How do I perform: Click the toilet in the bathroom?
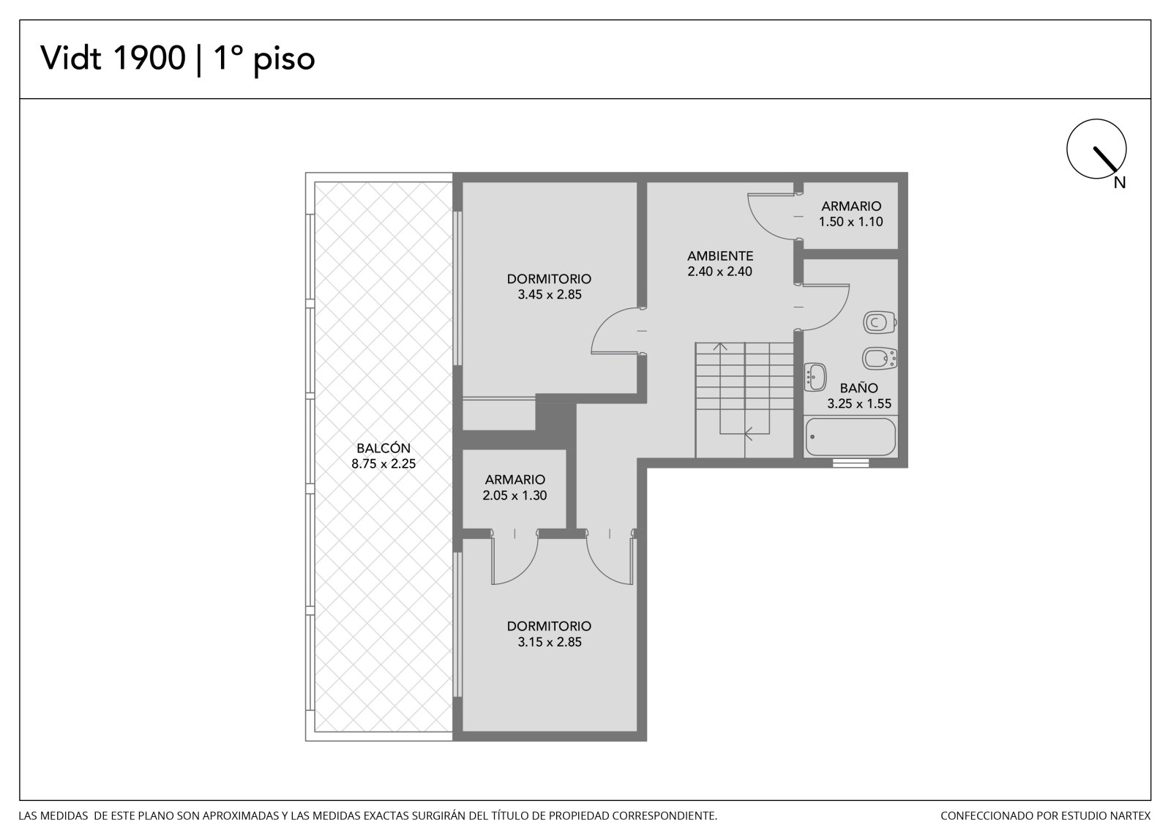point(880,322)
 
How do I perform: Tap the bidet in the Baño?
point(880,358)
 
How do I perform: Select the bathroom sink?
point(815,376)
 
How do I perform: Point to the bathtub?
point(850,437)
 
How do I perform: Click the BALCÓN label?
point(384,448)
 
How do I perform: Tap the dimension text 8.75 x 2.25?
point(384,463)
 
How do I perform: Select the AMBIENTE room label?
point(720,256)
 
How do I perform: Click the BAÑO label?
point(859,387)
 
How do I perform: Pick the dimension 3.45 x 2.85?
point(550,294)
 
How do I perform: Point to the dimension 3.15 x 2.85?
point(550,642)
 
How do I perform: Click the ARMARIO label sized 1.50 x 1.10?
point(851,206)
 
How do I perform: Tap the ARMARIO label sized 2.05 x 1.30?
point(515,479)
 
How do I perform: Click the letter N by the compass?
point(1119,182)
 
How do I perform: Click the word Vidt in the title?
point(70,58)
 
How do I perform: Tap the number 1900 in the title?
point(149,58)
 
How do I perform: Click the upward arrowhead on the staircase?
point(720,346)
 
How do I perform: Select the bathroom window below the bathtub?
point(850,463)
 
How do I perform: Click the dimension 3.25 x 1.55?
point(859,404)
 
